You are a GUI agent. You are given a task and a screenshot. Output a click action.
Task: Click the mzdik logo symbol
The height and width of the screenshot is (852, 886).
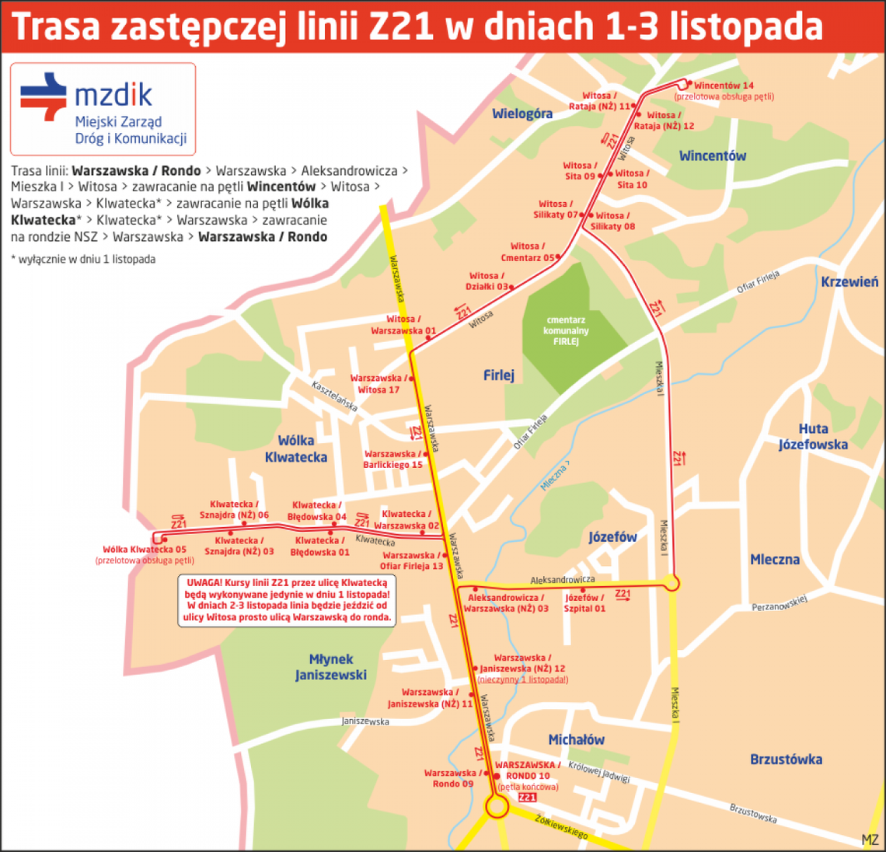[44, 96]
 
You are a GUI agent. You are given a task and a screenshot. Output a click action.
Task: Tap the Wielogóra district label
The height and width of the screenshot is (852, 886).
[522, 114]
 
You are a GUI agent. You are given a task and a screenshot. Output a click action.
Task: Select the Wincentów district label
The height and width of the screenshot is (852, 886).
[712, 156]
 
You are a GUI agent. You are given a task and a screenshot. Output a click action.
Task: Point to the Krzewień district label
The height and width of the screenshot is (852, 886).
[849, 282]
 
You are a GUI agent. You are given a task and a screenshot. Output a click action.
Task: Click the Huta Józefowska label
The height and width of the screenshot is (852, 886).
[813, 437]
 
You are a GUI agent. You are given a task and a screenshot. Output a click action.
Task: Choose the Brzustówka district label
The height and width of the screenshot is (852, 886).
[786, 759]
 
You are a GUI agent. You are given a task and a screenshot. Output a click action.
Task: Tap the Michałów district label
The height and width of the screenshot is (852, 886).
[576, 740]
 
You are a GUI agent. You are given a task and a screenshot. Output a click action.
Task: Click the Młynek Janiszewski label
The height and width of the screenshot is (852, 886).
[331, 667]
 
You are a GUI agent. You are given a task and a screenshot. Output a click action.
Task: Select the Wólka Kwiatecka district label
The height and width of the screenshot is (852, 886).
[296, 449]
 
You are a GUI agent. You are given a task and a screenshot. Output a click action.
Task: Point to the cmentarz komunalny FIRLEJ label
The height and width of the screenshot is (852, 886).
[566, 330]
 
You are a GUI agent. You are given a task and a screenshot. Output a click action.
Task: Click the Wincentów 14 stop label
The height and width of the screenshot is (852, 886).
[724, 86]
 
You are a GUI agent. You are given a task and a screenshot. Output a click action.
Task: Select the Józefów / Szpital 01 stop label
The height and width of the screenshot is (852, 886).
[584, 603]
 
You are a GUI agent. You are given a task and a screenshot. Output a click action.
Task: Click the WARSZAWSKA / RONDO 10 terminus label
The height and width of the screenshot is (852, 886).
[528, 770]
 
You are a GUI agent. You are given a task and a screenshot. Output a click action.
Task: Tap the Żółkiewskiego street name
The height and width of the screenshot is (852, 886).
[561, 826]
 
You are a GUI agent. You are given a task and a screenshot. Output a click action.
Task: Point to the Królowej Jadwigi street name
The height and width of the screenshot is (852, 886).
[598, 771]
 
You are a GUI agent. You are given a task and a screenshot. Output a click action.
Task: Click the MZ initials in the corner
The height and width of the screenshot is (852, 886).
[870, 840]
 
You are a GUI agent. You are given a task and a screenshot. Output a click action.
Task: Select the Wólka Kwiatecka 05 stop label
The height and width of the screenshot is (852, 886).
[145, 550]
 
